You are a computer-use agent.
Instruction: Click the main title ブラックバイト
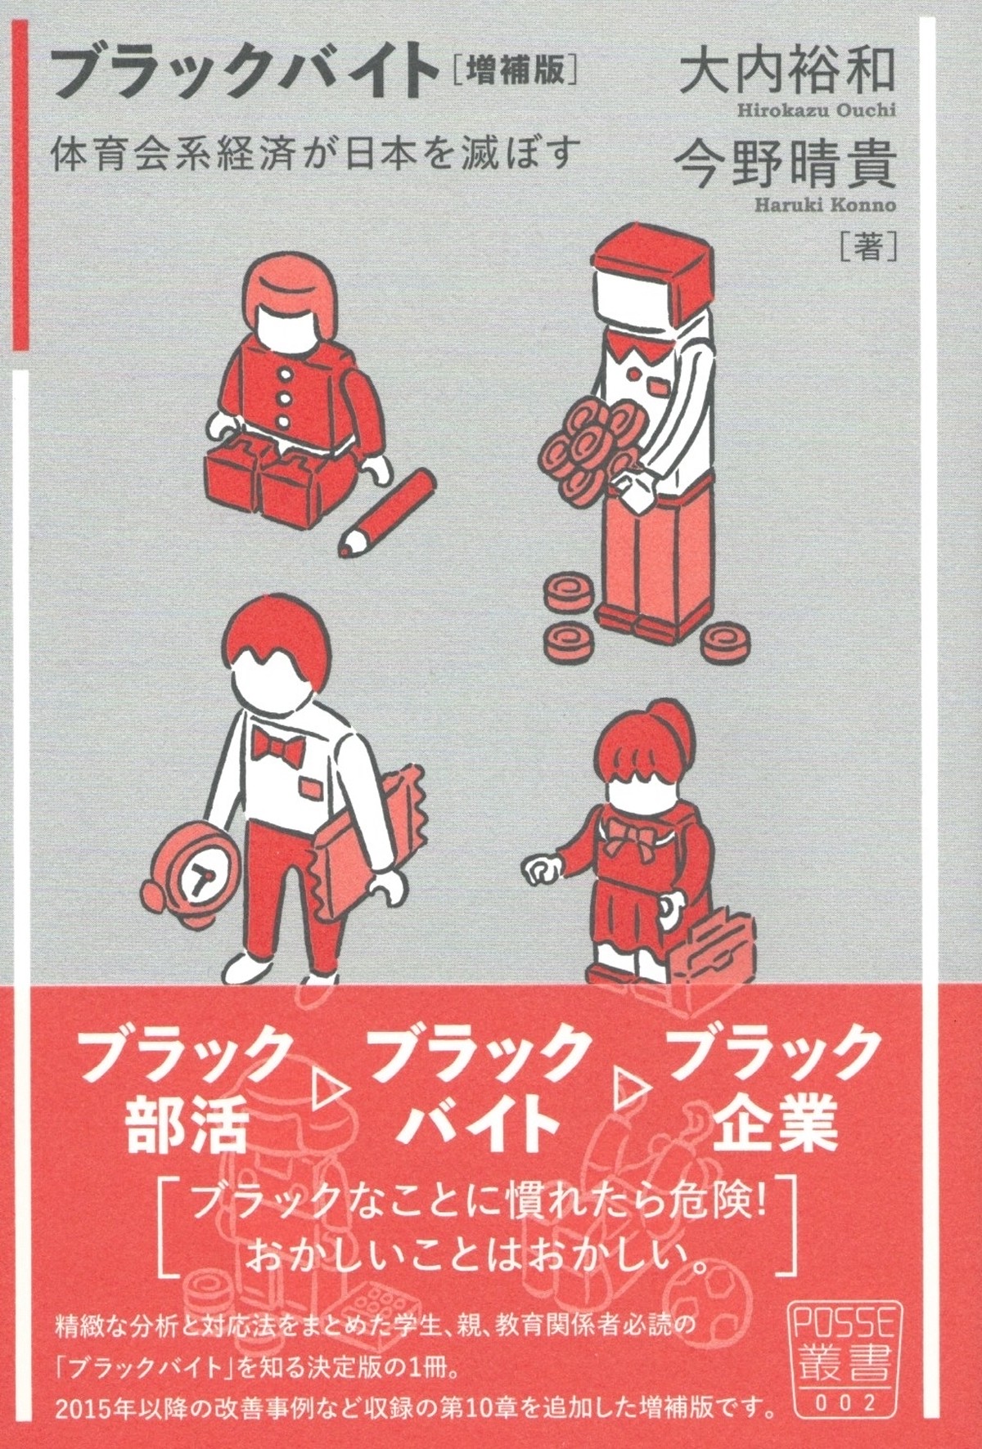point(245,74)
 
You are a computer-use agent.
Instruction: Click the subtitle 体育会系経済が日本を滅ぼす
point(316,153)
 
